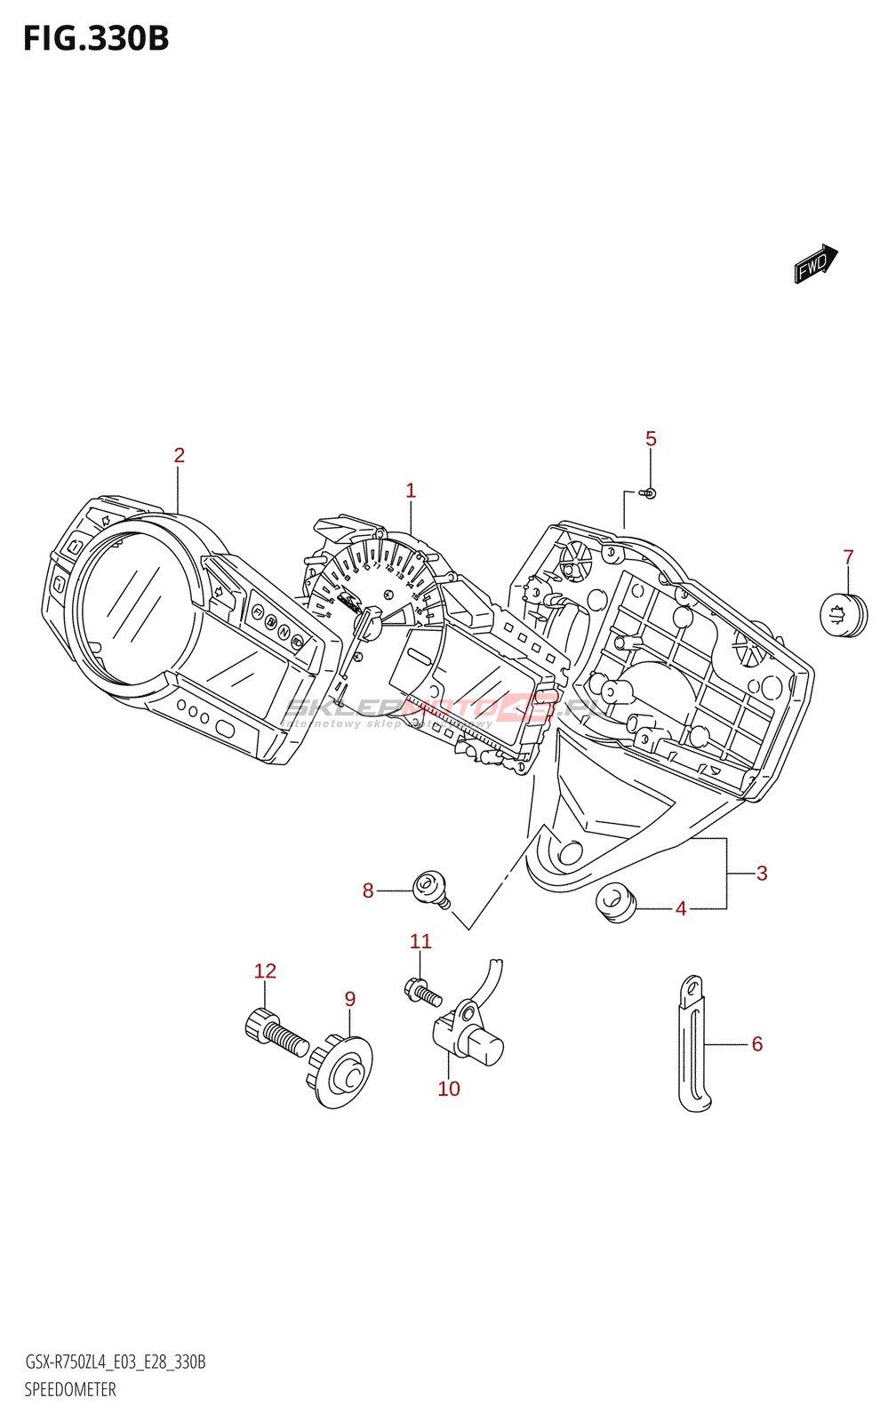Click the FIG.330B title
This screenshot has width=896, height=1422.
coord(96,39)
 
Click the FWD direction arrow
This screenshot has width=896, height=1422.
coord(815,263)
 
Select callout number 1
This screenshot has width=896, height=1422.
coord(411,491)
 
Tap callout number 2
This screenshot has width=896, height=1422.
coord(180,455)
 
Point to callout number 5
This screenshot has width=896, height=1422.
coord(651,439)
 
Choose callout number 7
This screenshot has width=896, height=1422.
coord(848,557)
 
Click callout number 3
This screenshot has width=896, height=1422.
coord(762,874)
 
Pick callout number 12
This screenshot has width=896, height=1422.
coord(265,971)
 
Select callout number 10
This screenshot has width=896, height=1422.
coord(449,1089)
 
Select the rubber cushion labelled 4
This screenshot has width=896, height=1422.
coord(614,903)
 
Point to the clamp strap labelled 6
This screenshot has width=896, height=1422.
coord(693,1044)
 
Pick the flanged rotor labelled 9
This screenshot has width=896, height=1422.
coord(342,1071)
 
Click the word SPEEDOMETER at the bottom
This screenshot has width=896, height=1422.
coord(70,1390)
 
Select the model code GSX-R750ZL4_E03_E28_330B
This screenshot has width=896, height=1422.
coord(116,1362)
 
